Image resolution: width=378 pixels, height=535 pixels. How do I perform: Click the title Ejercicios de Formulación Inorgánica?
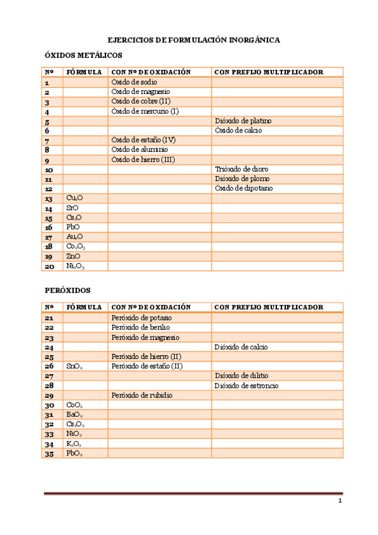[194, 40]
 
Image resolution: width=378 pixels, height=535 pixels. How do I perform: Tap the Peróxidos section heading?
[68, 291]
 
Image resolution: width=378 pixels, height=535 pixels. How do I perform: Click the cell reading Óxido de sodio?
[134, 82]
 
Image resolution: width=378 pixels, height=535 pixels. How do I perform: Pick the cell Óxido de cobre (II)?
[141, 102]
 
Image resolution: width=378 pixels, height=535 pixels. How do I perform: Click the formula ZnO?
[73, 257]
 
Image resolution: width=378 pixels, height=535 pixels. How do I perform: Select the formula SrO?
[73, 208]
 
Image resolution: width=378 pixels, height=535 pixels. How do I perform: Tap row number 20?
[49, 266]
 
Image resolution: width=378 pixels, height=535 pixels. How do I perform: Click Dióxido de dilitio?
[245, 376]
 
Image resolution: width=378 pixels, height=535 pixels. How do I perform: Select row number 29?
[49, 396]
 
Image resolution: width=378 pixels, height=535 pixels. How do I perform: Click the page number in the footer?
[340, 502]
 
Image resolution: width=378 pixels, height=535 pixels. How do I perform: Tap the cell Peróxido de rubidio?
[142, 396]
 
